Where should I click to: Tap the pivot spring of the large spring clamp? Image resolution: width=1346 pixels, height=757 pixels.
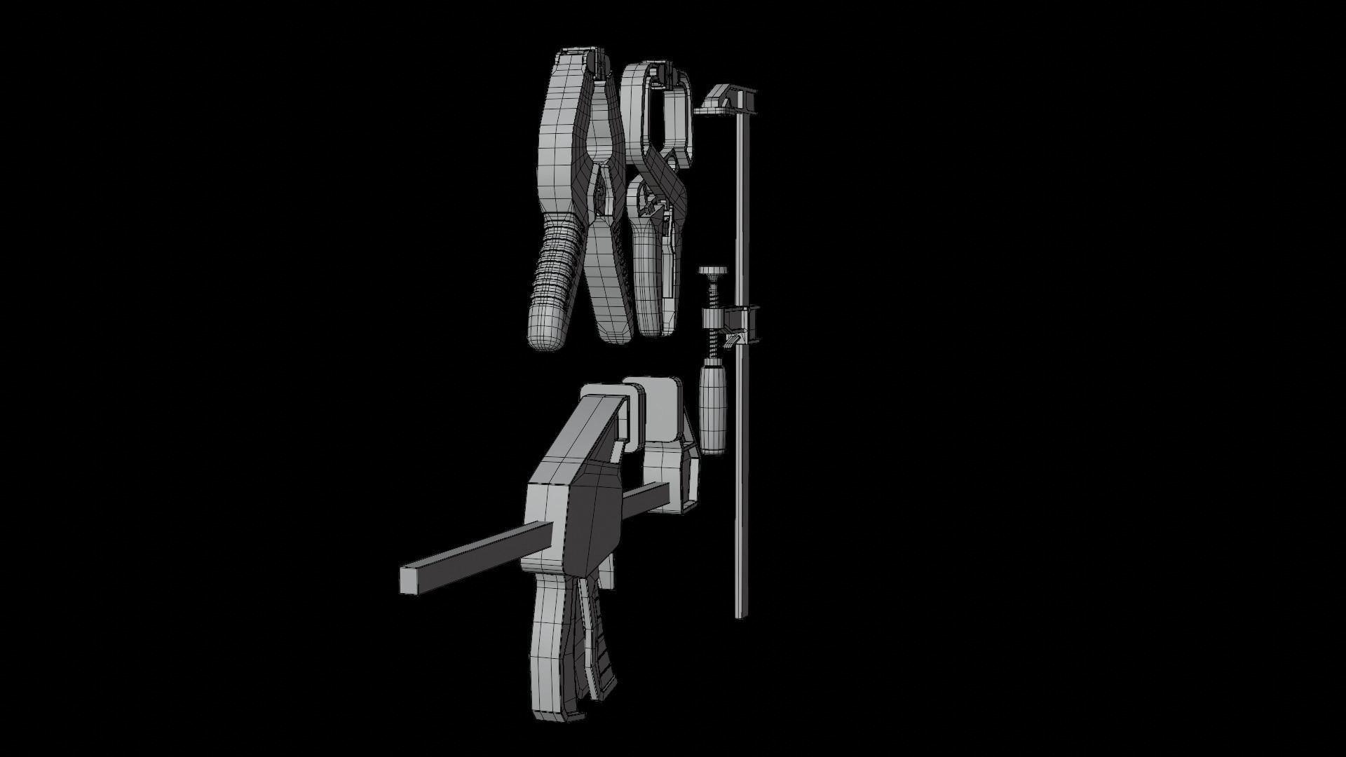tap(599, 203)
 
